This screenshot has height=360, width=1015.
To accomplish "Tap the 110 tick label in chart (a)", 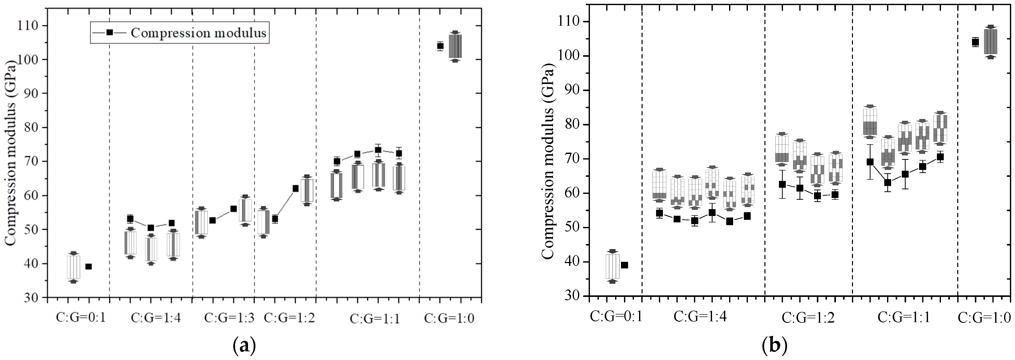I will pos(27,26).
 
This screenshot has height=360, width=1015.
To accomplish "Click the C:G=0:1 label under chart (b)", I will pos(616,316).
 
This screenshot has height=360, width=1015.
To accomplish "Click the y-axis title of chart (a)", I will pos(11,152).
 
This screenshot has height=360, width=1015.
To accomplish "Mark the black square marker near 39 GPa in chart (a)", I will pos(89,267).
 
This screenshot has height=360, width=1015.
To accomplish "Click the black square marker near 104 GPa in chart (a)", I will pos(440,46).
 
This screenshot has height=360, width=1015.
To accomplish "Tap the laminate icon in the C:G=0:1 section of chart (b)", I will pos(612,266).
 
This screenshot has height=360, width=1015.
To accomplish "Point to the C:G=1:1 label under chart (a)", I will pos(375,319).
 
